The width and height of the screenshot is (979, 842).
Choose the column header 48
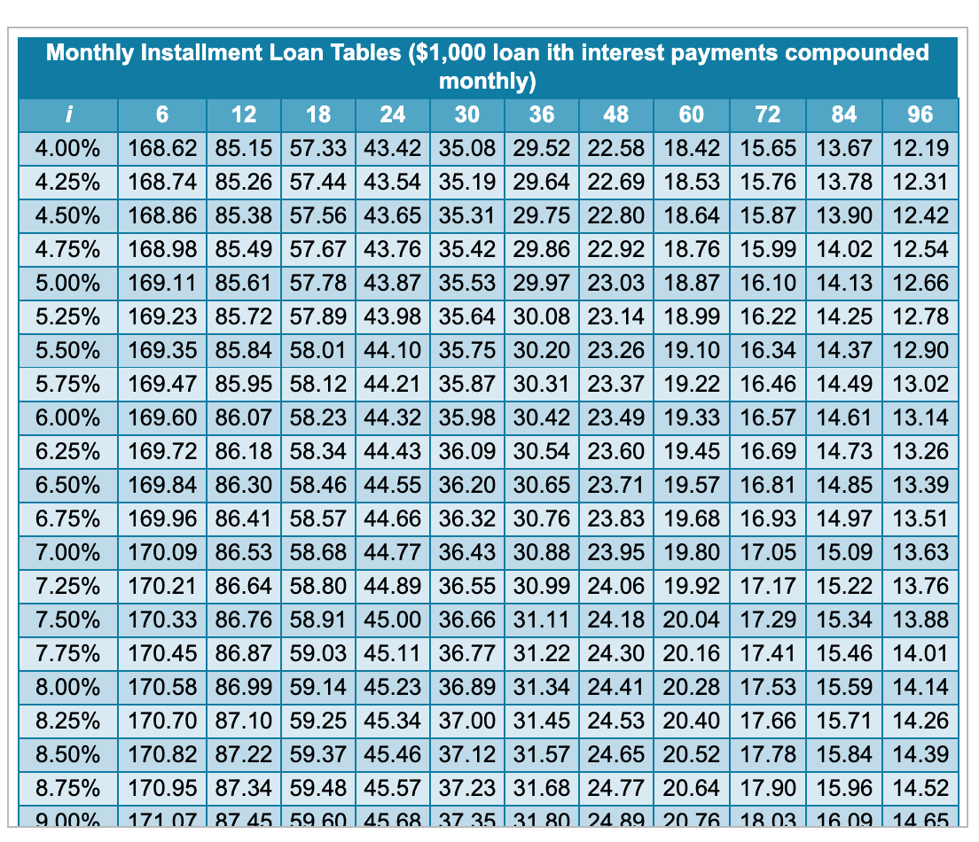[x=615, y=114]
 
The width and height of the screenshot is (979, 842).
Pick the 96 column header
[x=920, y=114]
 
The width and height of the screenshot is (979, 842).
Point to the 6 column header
[x=162, y=114]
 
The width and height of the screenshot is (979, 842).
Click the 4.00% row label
[x=67, y=148]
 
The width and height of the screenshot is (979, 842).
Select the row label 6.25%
[x=67, y=452]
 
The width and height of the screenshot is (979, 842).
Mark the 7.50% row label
[x=67, y=620]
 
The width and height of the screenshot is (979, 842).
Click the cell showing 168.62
[x=162, y=148]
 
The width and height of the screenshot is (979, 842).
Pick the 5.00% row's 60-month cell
[x=692, y=284]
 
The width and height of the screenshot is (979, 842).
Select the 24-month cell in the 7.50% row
[x=393, y=620]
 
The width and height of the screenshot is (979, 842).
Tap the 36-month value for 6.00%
[x=541, y=418]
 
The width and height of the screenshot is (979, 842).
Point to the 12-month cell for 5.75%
[x=244, y=385]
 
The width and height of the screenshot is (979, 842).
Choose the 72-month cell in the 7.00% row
[x=769, y=553]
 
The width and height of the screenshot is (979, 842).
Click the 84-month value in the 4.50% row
[x=844, y=216]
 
